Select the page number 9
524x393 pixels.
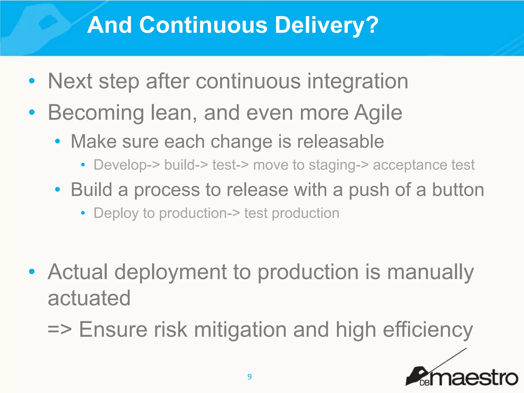point(249,377)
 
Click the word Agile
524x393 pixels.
point(378,113)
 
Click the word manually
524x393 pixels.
point(430,272)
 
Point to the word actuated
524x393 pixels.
point(89,298)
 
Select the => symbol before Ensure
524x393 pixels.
point(59,330)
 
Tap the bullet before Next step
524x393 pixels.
point(32,81)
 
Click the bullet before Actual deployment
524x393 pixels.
point(32,271)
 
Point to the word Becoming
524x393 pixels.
point(96,113)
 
